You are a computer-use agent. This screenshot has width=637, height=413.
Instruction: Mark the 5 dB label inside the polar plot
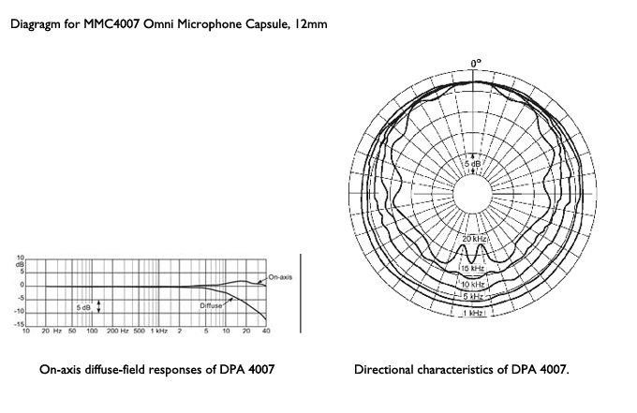476,165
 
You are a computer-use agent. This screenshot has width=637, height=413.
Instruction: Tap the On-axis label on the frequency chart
279,277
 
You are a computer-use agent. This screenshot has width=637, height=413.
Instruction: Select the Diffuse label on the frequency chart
210,305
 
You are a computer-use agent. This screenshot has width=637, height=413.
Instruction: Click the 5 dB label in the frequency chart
82,306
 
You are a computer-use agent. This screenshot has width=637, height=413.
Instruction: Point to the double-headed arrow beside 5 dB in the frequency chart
98,305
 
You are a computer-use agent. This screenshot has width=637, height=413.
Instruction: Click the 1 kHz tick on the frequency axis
161,332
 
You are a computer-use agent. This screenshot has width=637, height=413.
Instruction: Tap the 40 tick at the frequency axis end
266,332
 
